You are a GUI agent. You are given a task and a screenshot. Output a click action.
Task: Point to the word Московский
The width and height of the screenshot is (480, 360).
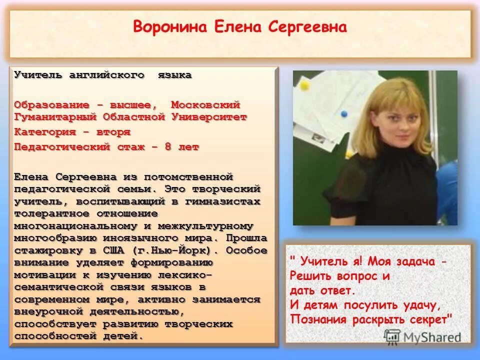click(x=206, y=105)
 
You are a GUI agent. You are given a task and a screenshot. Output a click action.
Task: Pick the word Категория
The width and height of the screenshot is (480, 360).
click(x=45, y=132)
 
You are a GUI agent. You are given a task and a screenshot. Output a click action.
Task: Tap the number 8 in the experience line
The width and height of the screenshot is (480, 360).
click(x=168, y=147)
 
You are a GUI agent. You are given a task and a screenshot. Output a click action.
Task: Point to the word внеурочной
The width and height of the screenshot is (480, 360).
click(x=50, y=311)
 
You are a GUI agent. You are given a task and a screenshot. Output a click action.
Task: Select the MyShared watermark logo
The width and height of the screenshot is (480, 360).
click(x=422, y=336)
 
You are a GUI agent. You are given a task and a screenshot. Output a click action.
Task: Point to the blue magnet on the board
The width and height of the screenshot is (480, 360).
click(x=344, y=114)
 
